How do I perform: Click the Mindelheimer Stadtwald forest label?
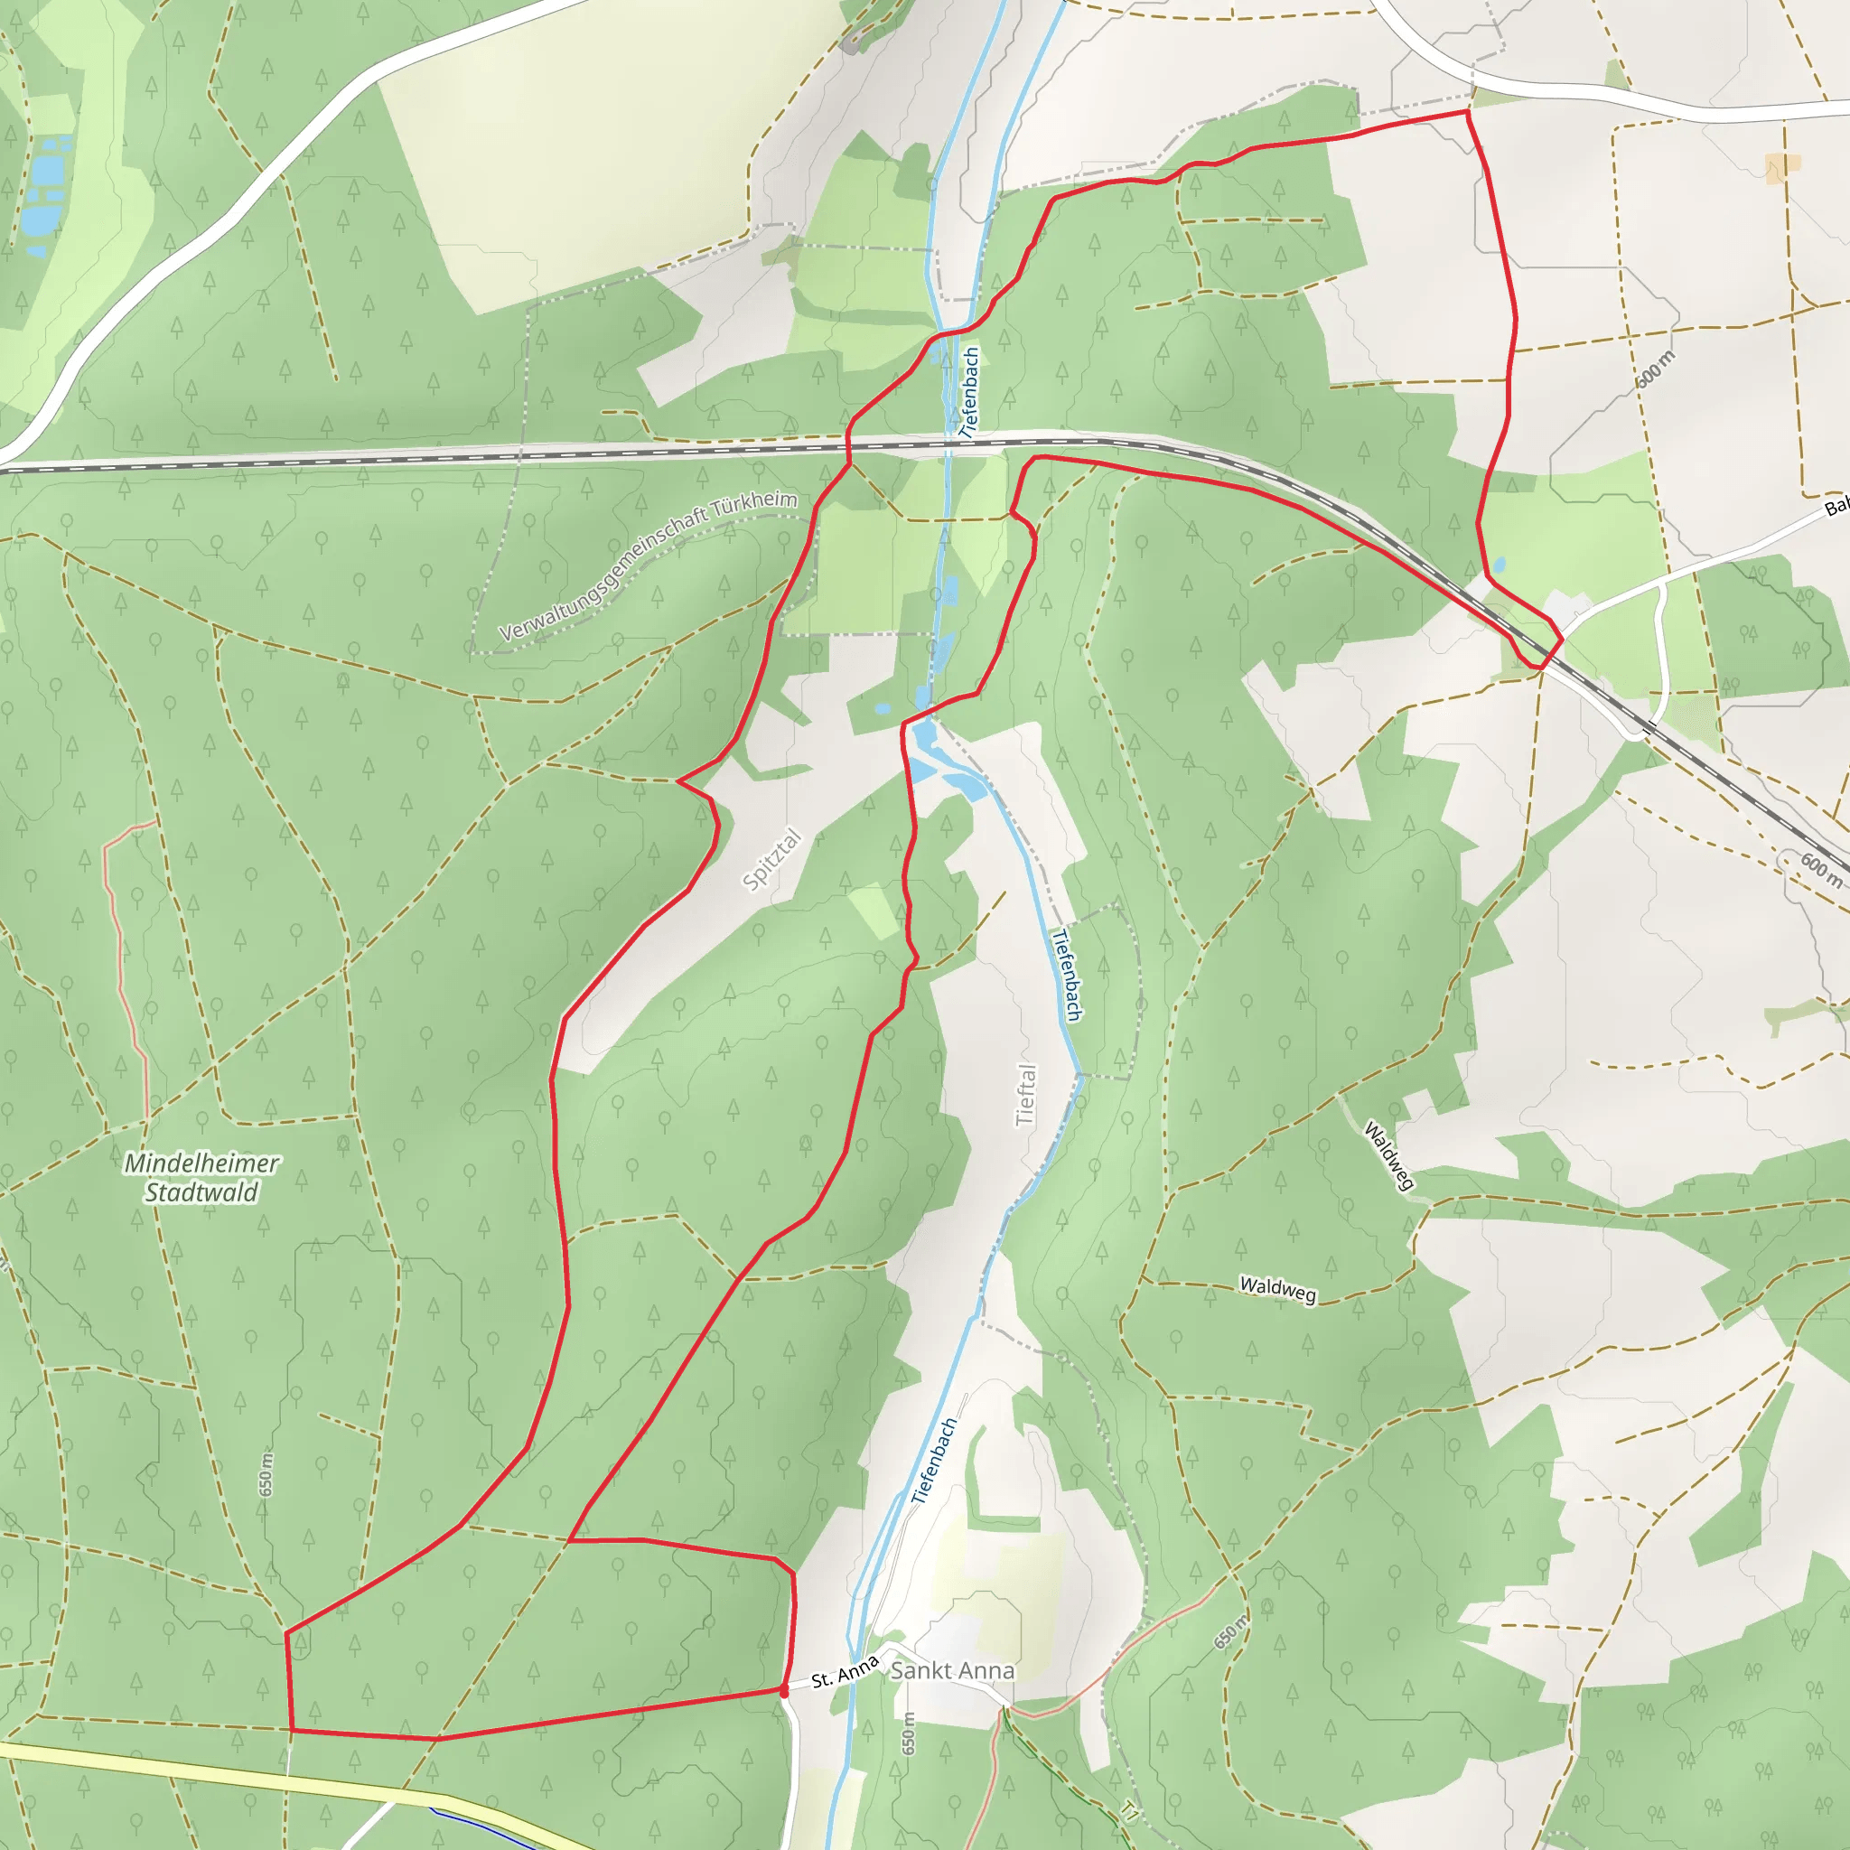(202, 1178)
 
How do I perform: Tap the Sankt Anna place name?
(952, 1670)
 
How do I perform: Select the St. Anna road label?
(845, 1671)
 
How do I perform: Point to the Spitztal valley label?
(771, 860)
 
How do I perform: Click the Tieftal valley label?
(1025, 1095)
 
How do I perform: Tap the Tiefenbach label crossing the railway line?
(969, 393)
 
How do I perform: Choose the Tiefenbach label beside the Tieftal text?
(1067, 975)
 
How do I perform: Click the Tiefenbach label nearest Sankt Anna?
(934, 1462)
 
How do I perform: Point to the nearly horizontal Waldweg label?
(1278, 1289)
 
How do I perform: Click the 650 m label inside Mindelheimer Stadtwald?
(266, 1474)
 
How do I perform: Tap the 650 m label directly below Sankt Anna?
(909, 1733)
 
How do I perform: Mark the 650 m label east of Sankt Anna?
(1231, 1631)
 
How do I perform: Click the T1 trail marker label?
(1131, 1811)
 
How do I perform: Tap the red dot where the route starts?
(784, 1693)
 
